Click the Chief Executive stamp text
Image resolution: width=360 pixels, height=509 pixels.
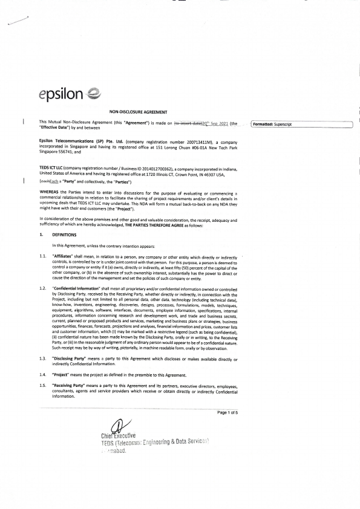point(117,436)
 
